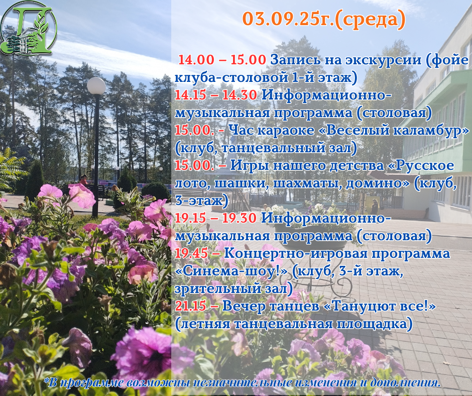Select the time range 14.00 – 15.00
point(222,60)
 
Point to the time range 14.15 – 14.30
point(216,95)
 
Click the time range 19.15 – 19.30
point(215,218)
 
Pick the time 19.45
point(191,253)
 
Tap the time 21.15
point(190,306)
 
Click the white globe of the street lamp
point(96,86)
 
